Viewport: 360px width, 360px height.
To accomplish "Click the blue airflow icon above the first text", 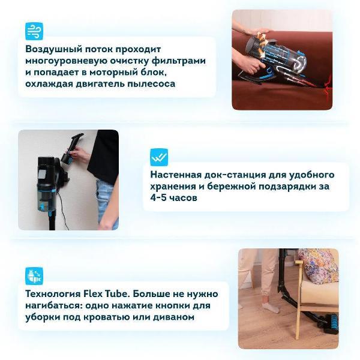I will point(34,31).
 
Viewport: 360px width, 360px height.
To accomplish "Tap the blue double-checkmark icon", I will point(159,158).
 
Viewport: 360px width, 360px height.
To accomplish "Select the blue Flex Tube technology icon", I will point(34,276).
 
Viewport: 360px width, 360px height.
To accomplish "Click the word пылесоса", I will point(151,83).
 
